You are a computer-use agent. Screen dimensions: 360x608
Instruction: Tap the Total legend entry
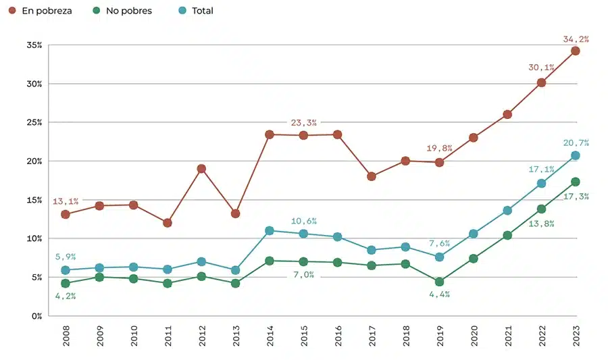tap(196, 11)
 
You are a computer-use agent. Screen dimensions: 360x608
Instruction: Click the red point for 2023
tap(575, 51)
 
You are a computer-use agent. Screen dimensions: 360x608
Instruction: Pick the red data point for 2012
tap(201, 168)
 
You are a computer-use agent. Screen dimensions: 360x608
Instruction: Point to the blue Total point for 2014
tap(269, 230)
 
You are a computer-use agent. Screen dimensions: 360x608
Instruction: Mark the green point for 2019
tap(439, 282)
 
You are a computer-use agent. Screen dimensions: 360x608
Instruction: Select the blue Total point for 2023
tap(575, 155)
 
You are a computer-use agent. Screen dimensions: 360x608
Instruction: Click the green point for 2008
tap(66, 283)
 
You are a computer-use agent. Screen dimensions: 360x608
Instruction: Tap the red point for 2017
tap(371, 176)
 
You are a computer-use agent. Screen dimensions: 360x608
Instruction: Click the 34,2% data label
tap(576, 39)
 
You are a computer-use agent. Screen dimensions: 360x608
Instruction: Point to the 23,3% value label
tap(303, 123)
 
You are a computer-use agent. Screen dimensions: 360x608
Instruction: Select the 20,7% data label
tap(576, 143)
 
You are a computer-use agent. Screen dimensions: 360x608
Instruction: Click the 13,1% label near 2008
tap(66, 201)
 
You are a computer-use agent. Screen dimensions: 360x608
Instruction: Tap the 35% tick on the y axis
tap(34, 45)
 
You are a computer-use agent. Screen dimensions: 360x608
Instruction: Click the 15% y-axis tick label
tap(34, 200)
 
